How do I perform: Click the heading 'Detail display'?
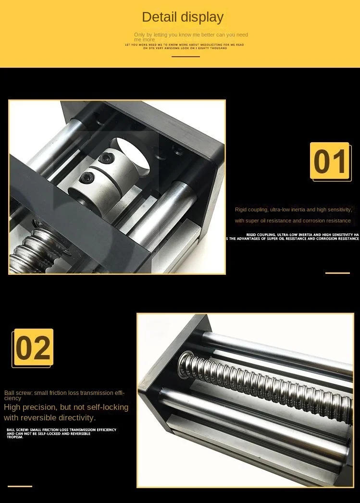point(183,17)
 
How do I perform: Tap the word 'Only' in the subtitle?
point(139,35)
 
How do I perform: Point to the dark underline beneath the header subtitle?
point(186,57)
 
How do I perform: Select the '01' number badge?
point(330,161)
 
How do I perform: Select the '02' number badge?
point(33,348)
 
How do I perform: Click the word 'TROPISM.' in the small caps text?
point(15,437)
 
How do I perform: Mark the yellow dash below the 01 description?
point(337,273)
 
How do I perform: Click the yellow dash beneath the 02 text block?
point(20,486)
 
